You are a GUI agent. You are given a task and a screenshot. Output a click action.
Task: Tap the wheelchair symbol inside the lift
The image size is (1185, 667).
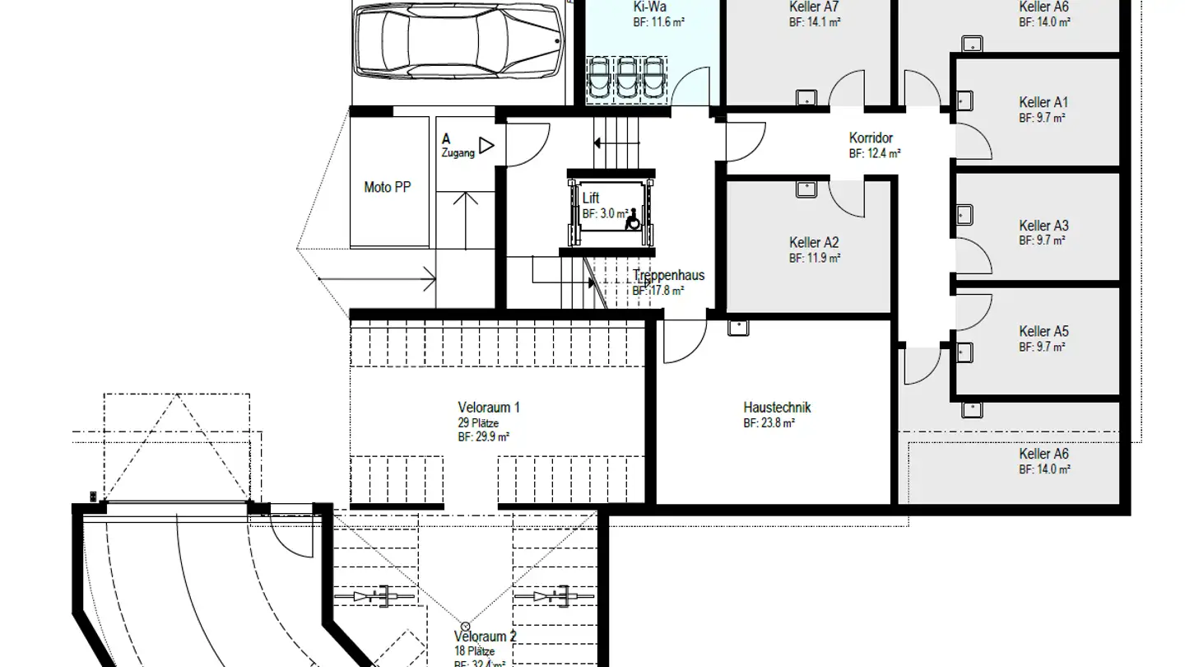[634, 219]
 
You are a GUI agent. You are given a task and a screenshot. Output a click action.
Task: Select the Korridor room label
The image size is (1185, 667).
[871, 138]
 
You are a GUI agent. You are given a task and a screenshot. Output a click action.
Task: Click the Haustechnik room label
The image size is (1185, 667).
[777, 408]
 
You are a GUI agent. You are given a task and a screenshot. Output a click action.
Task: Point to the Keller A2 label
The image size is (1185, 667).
[814, 243]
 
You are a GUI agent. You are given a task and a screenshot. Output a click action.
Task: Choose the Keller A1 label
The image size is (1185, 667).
[1043, 103]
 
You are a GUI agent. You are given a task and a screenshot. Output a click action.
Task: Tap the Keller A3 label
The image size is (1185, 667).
[1043, 226]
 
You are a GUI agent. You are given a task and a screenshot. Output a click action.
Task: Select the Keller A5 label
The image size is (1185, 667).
[1043, 332]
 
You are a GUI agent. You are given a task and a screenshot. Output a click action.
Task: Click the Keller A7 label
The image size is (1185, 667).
[814, 7]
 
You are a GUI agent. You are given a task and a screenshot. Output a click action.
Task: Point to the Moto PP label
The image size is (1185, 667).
[387, 188]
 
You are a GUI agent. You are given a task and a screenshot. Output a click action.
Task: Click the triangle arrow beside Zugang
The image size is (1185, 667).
[486, 146]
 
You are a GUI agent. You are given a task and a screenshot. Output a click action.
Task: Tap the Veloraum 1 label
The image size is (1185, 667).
[488, 408]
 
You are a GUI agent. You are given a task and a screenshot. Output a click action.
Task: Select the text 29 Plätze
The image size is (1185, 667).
[477, 423]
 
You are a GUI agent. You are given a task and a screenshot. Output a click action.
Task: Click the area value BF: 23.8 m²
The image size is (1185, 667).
[769, 423]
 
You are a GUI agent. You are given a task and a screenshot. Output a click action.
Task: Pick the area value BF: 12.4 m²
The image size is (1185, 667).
[875, 154]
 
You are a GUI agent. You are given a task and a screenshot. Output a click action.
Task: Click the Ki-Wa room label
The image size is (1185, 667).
[649, 7]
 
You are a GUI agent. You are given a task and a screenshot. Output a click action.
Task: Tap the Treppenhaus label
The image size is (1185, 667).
[668, 276]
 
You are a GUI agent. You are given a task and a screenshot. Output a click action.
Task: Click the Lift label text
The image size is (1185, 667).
[591, 198]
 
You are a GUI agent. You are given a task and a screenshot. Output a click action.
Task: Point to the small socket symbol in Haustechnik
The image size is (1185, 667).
[737, 328]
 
